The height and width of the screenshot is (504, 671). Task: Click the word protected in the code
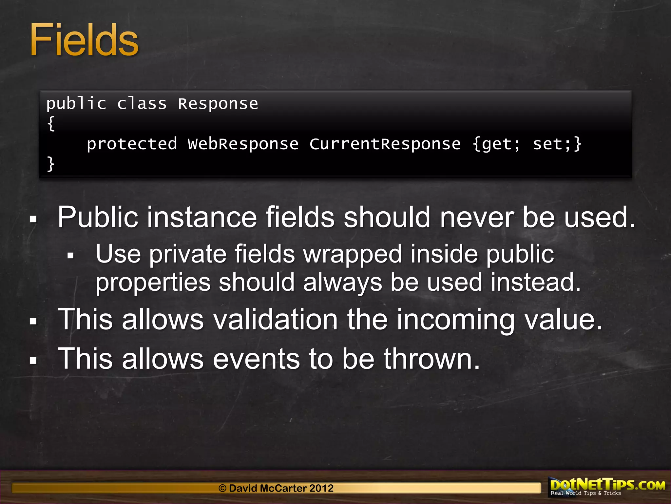pyautogui.click(x=132, y=144)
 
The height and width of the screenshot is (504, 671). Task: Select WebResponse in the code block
pyautogui.click(x=243, y=144)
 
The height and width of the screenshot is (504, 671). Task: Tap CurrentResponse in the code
pyautogui.click(x=385, y=144)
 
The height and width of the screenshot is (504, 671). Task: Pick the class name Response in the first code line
pyautogui.click(x=218, y=104)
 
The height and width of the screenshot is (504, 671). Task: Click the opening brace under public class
pyautogui.click(x=51, y=124)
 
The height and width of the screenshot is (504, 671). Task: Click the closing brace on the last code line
pyautogui.click(x=51, y=164)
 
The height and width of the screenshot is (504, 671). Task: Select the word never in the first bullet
pyautogui.click(x=477, y=217)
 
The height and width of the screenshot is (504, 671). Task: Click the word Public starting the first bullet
pyautogui.click(x=98, y=217)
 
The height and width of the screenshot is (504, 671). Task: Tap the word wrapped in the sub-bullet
pyautogui.click(x=353, y=254)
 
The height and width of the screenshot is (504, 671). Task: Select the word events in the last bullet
pyautogui.click(x=256, y=359)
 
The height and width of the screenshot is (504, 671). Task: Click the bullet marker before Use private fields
pyautogui.click(x=70, y=256)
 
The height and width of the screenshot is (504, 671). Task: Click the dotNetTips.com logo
pyautogui.click(x=607, y=486)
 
